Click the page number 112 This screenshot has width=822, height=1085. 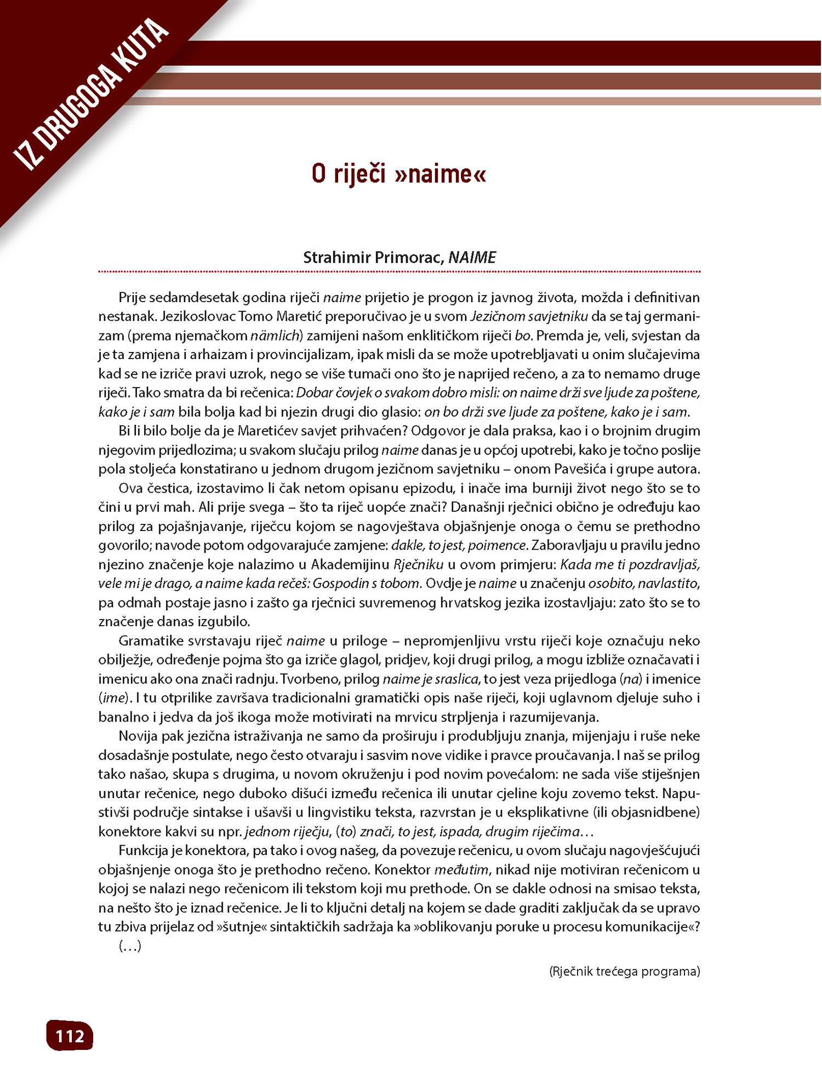coord(70,1036)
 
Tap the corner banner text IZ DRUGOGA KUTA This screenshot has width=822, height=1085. coord(91,94)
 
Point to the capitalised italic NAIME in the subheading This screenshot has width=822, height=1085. coord(472,257)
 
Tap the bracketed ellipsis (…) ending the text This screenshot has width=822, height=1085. coord(130,946)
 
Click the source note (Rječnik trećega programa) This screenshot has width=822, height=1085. coord(624,972)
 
